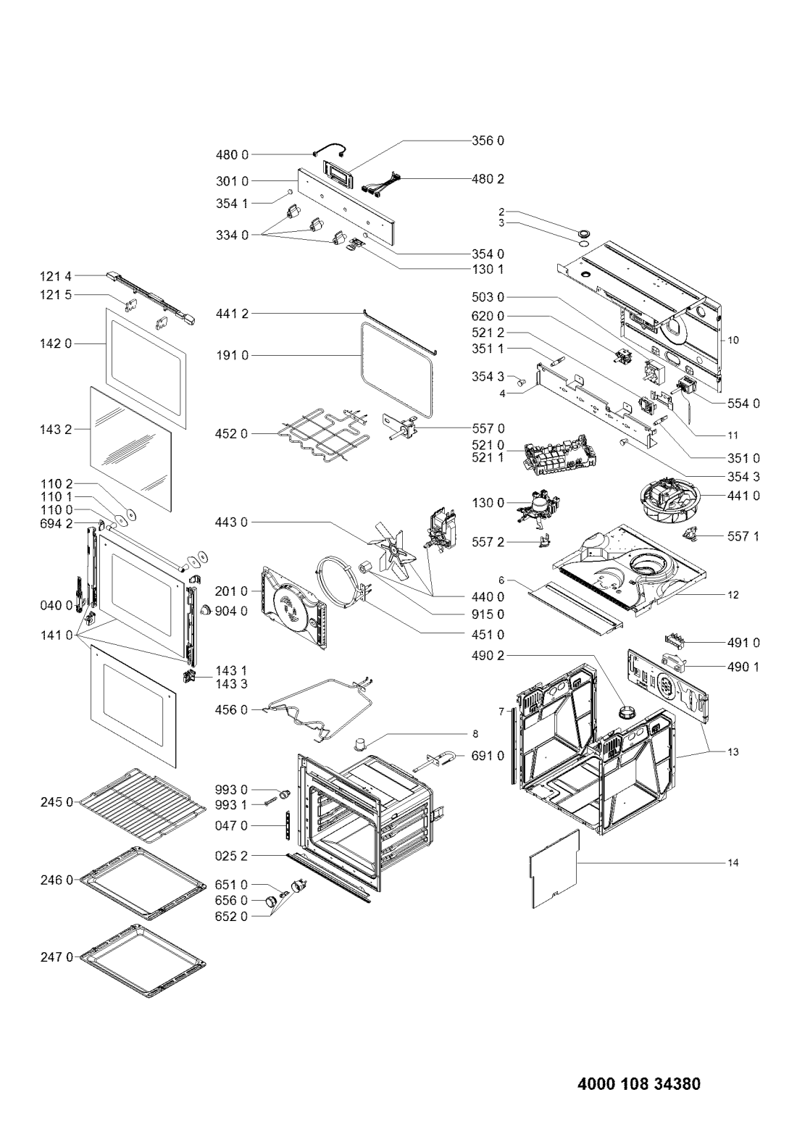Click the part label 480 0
coord(232,155)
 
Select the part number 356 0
coord(488,141)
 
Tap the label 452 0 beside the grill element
coord(232,434)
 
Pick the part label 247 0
coord(57,957)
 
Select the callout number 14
coord(733,863)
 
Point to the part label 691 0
coord(488,757)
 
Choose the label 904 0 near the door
coord(231,611)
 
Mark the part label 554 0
coord(743,404)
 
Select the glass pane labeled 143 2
coord(130,449)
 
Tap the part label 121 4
coord(56,276)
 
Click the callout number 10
coord(733,341)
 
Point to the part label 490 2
coord(488,656)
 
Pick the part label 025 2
coord(232,857)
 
